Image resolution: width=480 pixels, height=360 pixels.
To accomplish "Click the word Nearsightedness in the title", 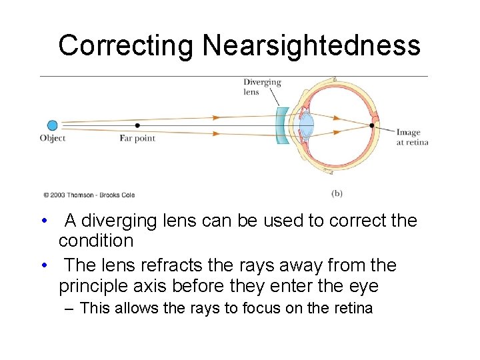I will click(311, 46).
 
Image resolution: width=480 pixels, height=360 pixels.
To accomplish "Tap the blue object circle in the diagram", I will click(53, 125).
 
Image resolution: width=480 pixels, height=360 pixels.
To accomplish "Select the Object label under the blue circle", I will click(53, 138).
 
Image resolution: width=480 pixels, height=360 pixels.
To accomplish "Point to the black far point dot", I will click(137, 125).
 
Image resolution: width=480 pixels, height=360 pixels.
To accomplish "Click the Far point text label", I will click(137, 138).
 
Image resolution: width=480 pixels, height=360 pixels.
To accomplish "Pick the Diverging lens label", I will click(261, 87).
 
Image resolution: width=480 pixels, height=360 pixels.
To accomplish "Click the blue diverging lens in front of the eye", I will click(282, 125).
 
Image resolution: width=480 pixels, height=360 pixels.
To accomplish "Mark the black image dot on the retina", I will click(372, 125).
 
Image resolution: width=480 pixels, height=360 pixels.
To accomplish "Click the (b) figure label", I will click(337, 193).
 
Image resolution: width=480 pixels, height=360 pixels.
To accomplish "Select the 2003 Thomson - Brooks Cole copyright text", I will click(89, 195).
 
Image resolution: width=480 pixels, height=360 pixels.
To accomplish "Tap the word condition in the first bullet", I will click(96, 240).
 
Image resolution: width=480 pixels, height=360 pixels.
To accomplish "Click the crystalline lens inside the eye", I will click(307, 125).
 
